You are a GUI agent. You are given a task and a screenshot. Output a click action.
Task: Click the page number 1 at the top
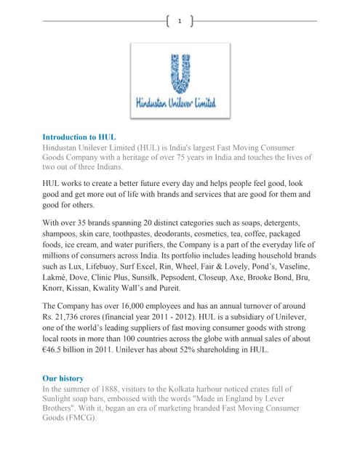coord(180,21)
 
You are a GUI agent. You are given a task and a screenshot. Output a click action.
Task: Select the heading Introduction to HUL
coord(79,137)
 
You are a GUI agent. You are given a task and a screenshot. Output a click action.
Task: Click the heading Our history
coord(63,379)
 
